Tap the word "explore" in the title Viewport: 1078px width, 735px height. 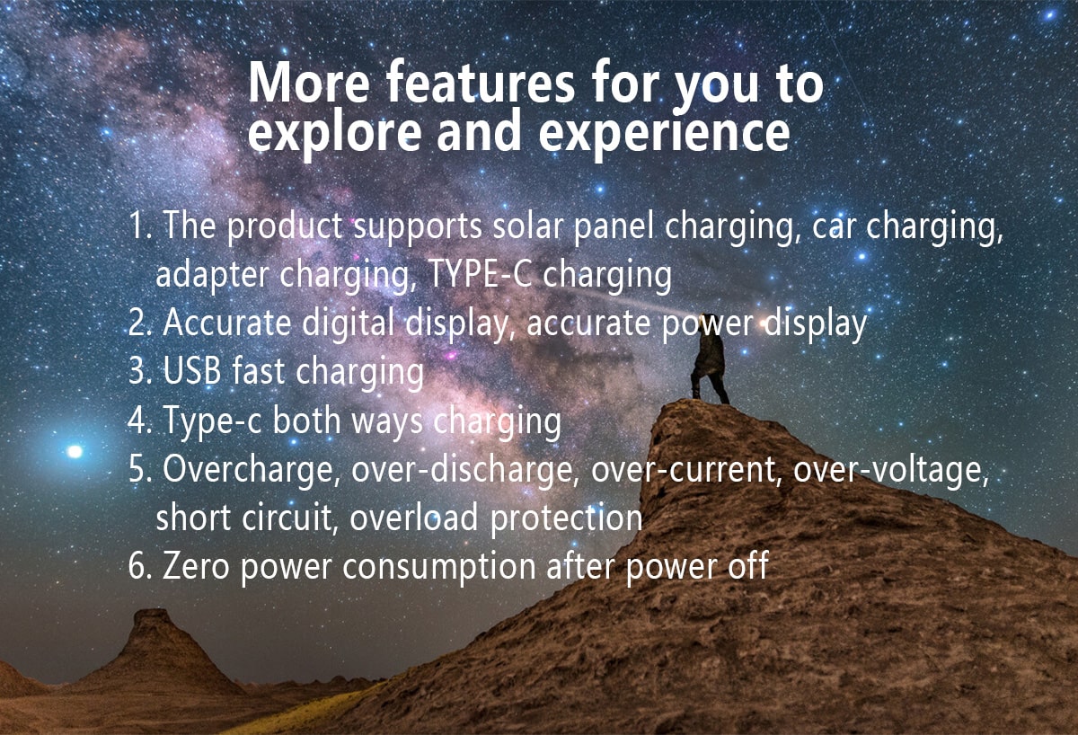coord(327,132)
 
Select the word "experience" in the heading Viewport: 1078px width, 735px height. coord(664,132)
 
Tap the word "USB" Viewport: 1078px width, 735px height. coord(191,371)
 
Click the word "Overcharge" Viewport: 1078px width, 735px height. coord(250,470)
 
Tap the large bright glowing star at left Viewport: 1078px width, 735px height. coord(75,451)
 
